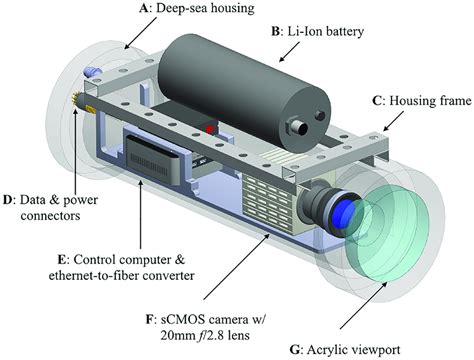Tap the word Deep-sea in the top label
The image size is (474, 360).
(181, 10)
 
